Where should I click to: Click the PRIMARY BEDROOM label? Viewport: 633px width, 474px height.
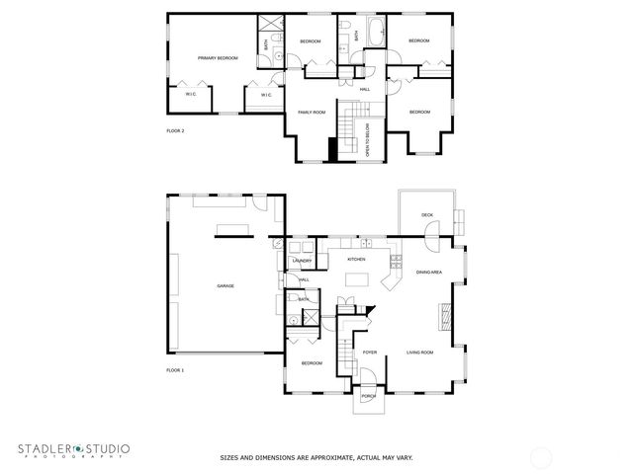[x=218, y=58]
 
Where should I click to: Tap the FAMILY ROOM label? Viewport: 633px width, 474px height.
[x=313, y=113]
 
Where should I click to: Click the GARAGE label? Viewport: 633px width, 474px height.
[x=226, y=285]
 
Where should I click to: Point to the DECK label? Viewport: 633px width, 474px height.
[x=427, y=214]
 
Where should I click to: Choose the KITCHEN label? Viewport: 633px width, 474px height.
[x=356, y=259]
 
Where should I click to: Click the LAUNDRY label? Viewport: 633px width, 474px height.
[x=302, y=261]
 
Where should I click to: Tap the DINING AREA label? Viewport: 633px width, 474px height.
[x=429, y=272]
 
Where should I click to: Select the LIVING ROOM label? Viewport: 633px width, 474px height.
[x=420, y=352]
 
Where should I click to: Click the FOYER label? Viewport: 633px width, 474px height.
[x=370, y=352]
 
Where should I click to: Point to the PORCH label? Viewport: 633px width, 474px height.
[x=368, y=396]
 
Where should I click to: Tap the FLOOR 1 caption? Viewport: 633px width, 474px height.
[x=175, y=370]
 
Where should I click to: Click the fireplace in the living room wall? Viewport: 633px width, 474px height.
[x=444, y=316]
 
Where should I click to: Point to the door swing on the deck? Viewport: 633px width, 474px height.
[x=432, y=229]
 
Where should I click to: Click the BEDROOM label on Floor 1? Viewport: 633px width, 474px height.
[x=312, y=363]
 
